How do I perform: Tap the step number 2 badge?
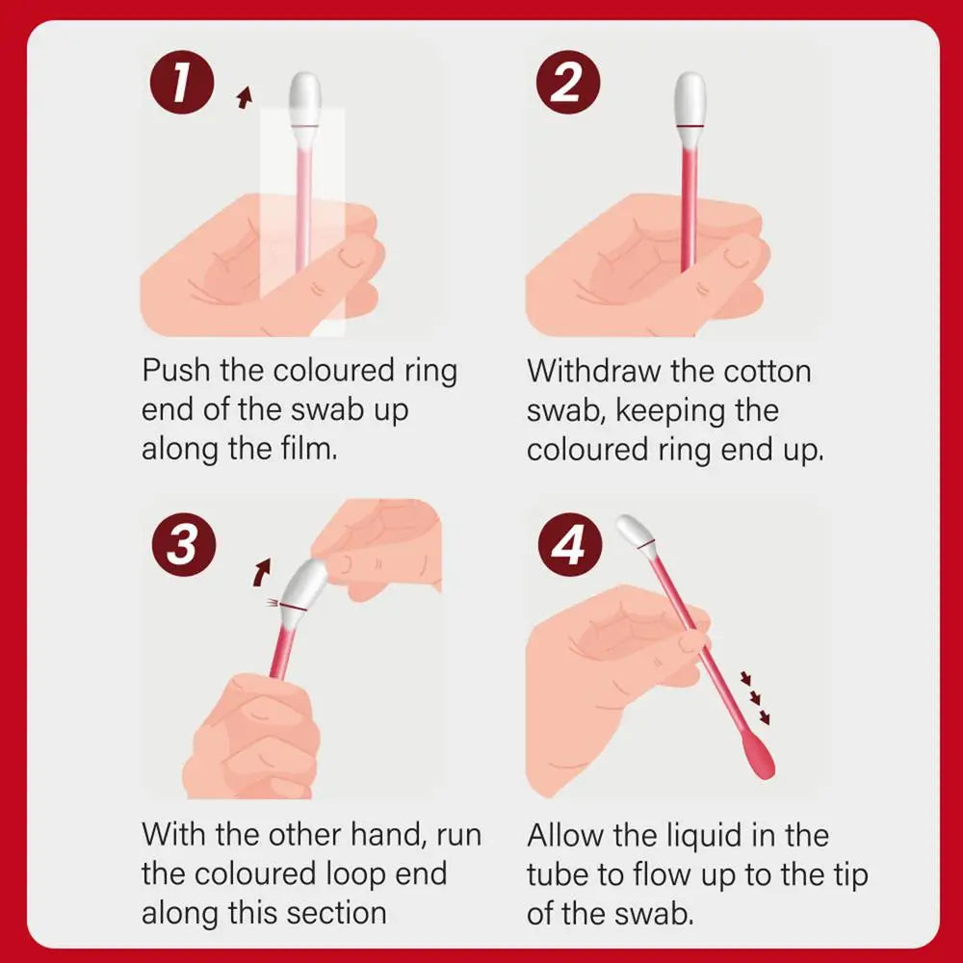pyautogui.click(x=567, y=85)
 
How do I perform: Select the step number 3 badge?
pyautogui.click(x=182, y=544)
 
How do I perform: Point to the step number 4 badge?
pyautogui.click(x=567, y=544)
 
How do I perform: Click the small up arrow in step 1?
pyautogui.click(x=245, y=95)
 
